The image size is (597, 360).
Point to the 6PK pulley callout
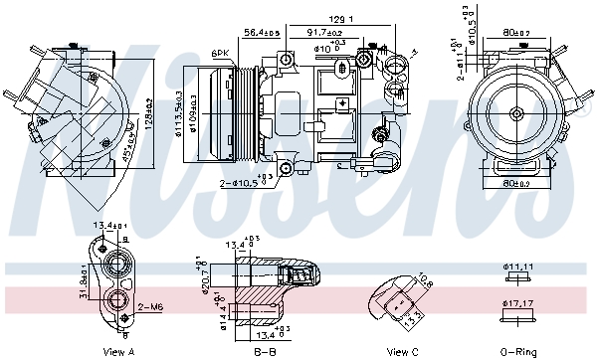(x=220, y=53)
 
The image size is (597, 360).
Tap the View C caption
(x=403, y=351)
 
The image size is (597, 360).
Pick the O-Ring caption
(x=518, y=351)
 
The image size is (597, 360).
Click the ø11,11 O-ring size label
(x=520, y=268)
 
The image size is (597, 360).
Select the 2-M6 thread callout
(x=150, y=306)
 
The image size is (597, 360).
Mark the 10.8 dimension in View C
(x=425, y=281)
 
